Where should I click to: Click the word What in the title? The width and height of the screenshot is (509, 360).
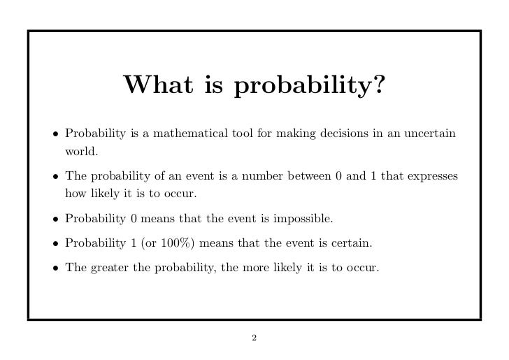[x=155, y=86]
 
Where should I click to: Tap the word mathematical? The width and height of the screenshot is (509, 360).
[x=182, y=134]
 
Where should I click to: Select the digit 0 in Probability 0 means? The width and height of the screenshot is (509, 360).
[x=134, y=219]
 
